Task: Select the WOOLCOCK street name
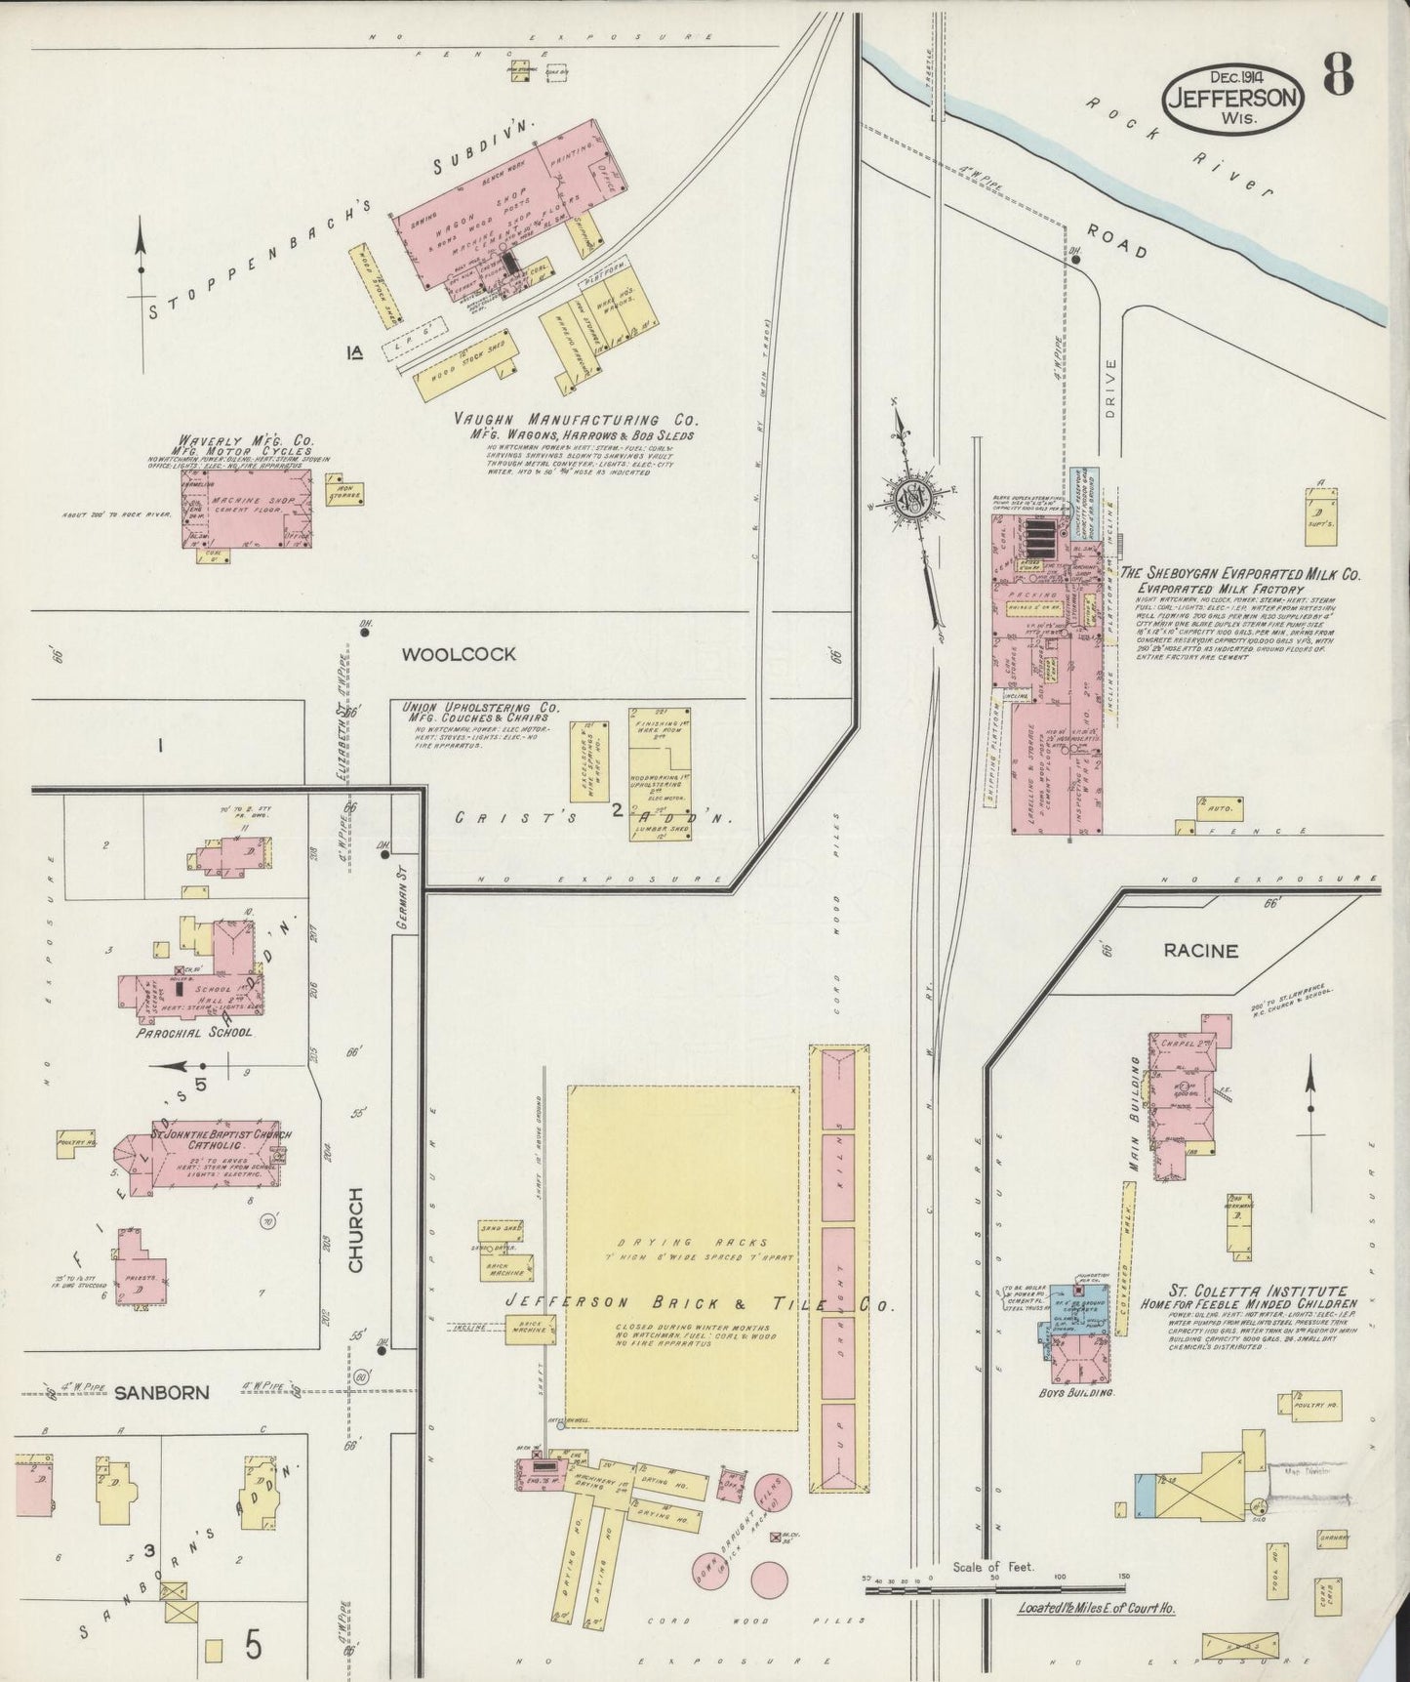pyautogui.click(x=458, y=654)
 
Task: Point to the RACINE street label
pyautogui.click(x=1199, y=950)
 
